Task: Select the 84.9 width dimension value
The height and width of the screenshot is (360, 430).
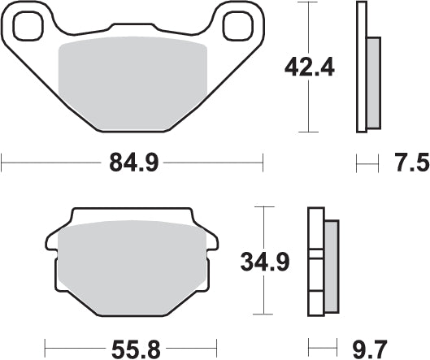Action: click(132, 163)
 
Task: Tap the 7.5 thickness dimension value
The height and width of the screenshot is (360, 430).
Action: click(410, 164)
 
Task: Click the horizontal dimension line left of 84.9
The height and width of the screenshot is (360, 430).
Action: click(49, 163)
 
